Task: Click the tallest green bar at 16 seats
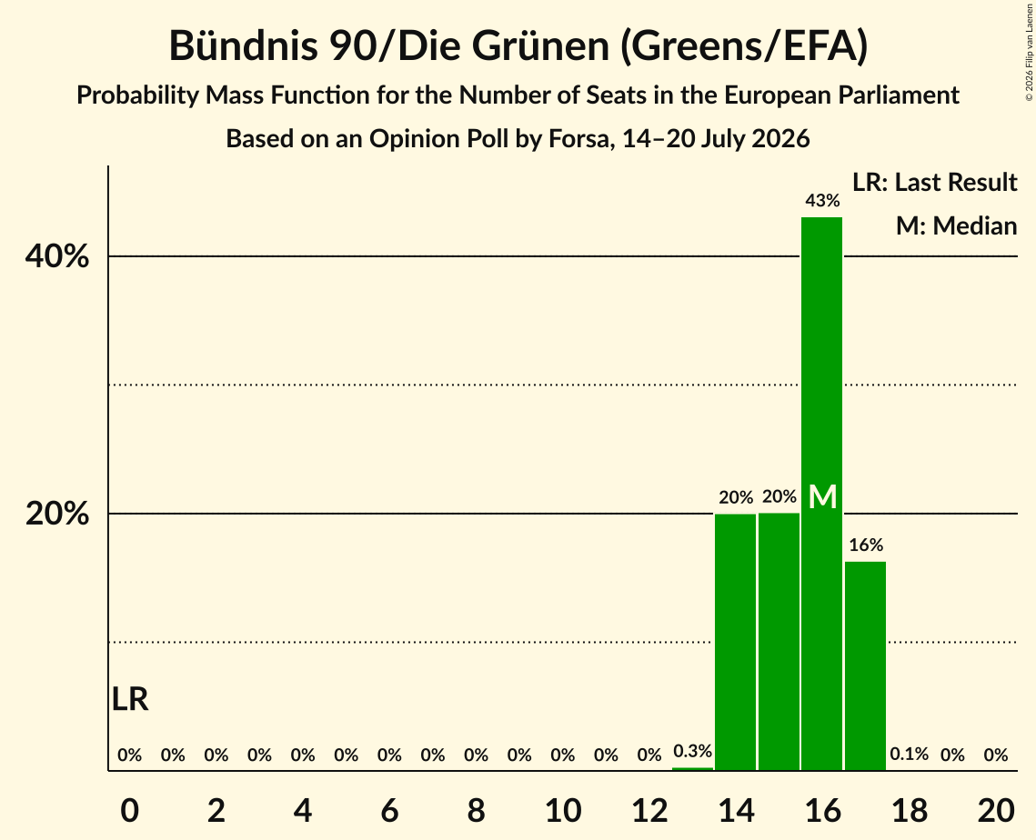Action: click(x=822, y=494)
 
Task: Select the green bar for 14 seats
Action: click(x=735, y=642)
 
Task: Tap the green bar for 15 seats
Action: click(x=779, y=641)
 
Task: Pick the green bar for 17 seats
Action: click(x=866, y=665)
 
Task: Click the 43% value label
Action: click(x=822, y=201)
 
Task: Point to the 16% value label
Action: click(x=866, y=545)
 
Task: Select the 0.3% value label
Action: click(x=692, y=751)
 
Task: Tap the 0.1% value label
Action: click(x=910, y=754)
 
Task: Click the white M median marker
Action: click(x=822, y=496)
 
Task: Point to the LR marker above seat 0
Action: click(x=130, y=699)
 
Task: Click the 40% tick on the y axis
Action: click(x=57, y=256)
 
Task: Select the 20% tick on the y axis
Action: click(x=57, y=514)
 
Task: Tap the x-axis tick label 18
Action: click(x=910, y=810)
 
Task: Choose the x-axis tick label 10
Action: click(x=563, y=810)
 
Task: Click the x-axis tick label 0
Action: click(x=130, y=810)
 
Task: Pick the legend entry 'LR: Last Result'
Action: click(x=935, y=182)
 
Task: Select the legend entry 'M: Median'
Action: click(x=957, y=225)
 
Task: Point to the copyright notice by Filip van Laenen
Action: click(x=1029, y=52)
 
